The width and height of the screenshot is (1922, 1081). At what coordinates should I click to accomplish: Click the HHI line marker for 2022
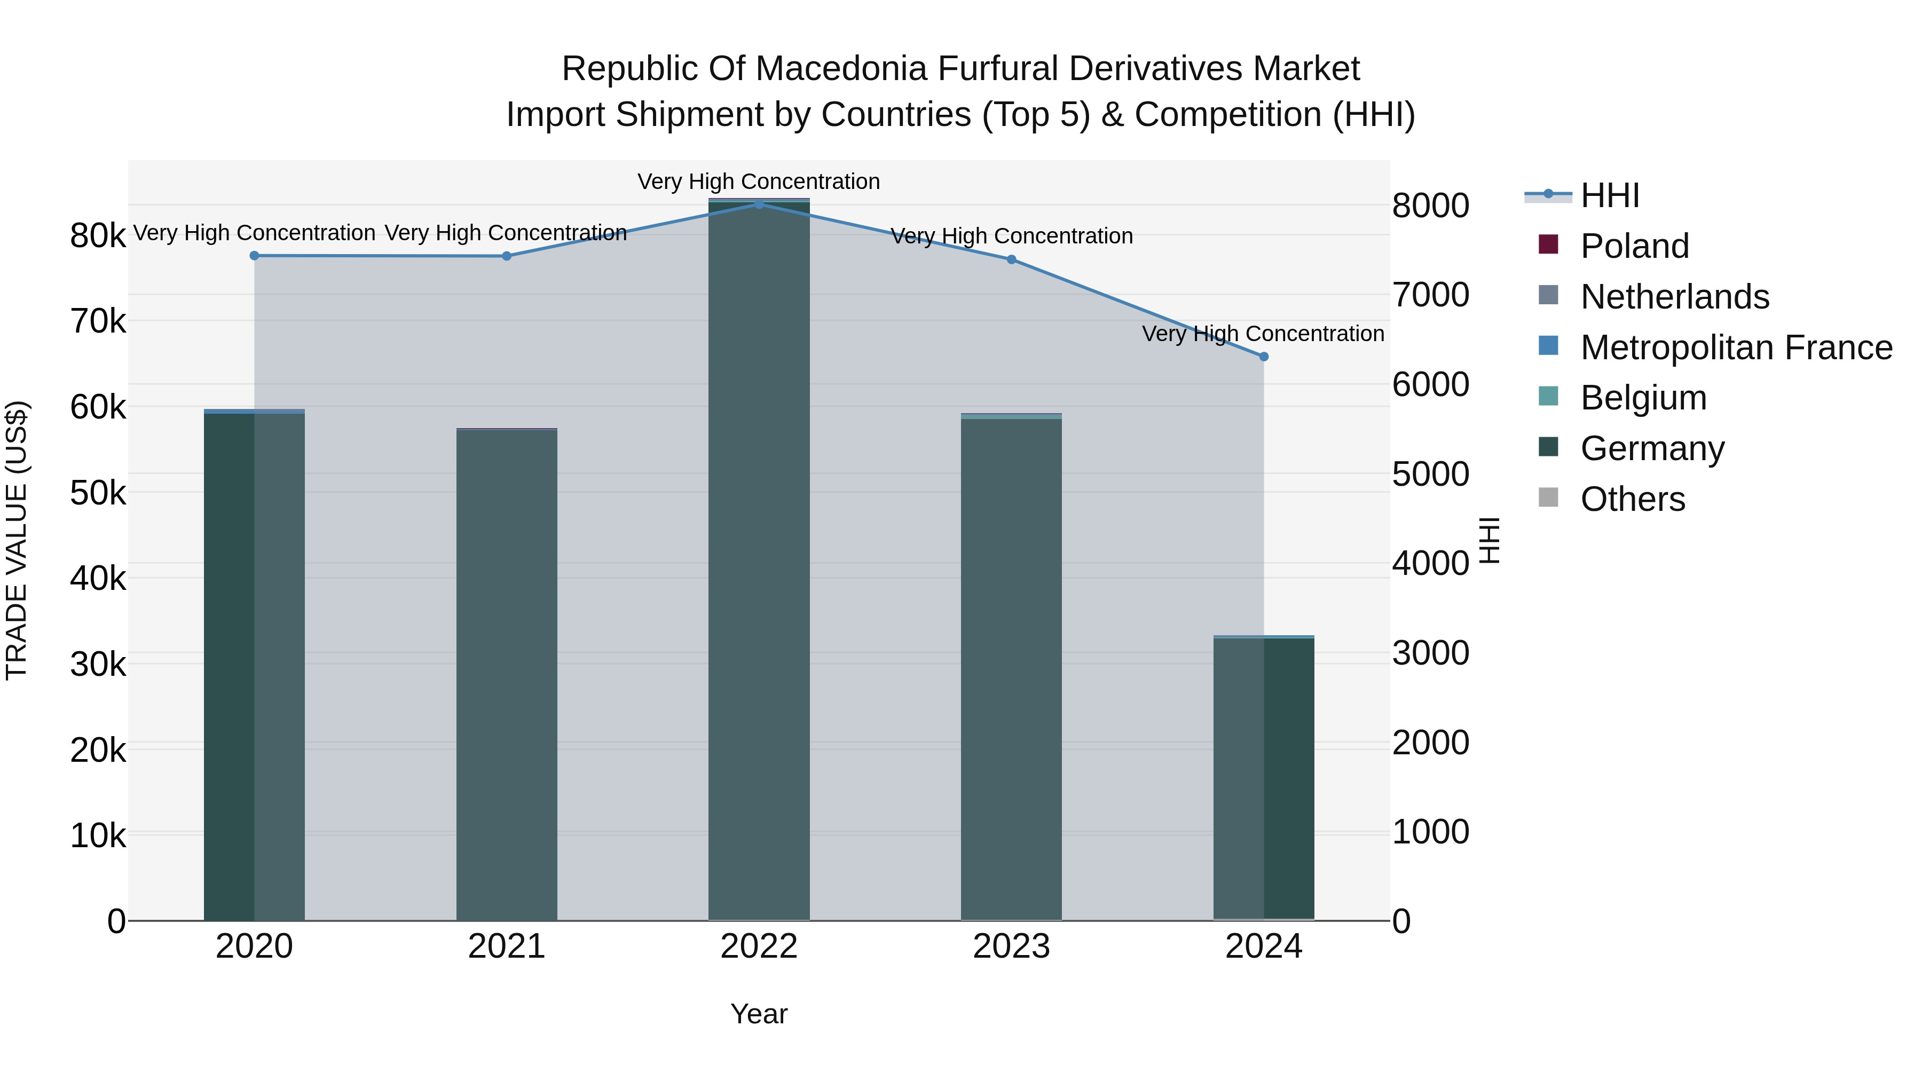click(759, 204)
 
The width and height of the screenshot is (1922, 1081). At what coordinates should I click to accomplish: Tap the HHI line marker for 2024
click(1263, 357)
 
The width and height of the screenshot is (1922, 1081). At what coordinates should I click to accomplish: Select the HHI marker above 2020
click(255, 255)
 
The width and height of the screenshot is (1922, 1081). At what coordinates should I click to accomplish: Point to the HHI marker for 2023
click(1011, 259)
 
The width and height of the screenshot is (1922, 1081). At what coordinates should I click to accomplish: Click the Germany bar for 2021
click(507, 672)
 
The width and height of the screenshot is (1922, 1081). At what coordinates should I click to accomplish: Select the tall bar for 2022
click(759, 559)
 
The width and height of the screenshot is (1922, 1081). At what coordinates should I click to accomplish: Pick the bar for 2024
click(1263, 776)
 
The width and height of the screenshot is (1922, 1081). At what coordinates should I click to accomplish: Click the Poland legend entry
click(1634, 246)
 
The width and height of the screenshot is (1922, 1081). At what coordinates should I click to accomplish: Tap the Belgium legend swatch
click(1548, 396)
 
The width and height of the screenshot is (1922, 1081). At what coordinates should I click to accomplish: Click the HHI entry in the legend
click(1609, 195)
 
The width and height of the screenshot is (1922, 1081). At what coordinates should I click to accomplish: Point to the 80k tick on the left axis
click(98, 236)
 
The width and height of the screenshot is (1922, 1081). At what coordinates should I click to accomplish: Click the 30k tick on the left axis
click(98, 664)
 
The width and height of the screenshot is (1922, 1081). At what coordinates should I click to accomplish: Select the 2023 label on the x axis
click(1011, 946)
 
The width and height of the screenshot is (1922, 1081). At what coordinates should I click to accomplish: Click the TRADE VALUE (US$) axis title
click(17, 540)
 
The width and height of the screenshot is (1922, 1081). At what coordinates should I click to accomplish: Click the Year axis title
click(759, 1014)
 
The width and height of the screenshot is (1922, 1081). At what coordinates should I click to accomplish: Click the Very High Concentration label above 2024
click(1263, 334)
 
